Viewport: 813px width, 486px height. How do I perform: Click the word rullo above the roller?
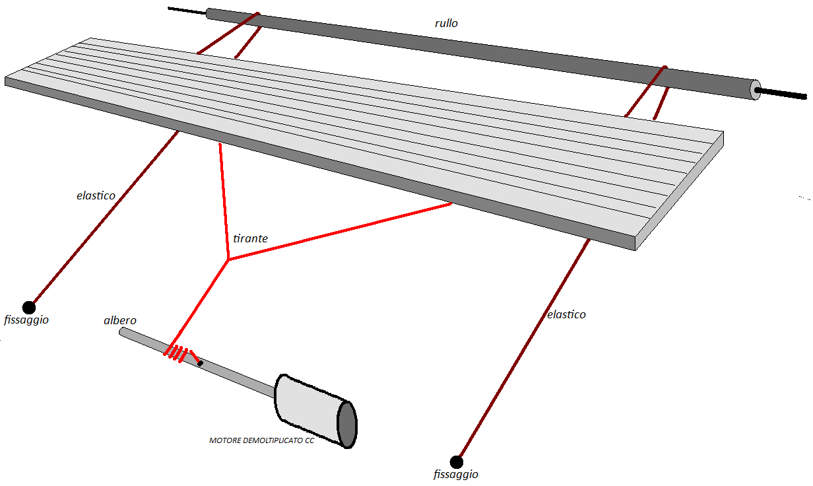coord(447,23)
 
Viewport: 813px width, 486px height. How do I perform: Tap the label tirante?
coord(251,238)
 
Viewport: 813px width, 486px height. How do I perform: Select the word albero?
coord(120,320)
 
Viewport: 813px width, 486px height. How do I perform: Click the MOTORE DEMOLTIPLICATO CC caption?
coord(261,440)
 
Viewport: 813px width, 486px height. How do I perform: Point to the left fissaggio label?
coord(26,320)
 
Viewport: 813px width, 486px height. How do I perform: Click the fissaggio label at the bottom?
coord(455,474)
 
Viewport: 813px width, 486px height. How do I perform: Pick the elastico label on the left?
coord(96,195)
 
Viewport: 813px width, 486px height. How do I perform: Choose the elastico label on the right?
coord(566,314)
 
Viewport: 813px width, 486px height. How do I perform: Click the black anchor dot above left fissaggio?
coord(28,307)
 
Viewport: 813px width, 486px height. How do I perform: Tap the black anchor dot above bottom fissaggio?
coord(456,461)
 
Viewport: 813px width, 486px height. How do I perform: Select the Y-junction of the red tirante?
coord(228,260)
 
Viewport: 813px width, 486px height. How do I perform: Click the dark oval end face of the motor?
coord(347,424)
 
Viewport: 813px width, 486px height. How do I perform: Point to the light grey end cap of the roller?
coord(756,90)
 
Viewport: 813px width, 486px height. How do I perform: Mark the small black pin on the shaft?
coord(200,363)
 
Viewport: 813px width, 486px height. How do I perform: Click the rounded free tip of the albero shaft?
coord(122,331)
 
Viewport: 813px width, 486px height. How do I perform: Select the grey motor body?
coord(307,407)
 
